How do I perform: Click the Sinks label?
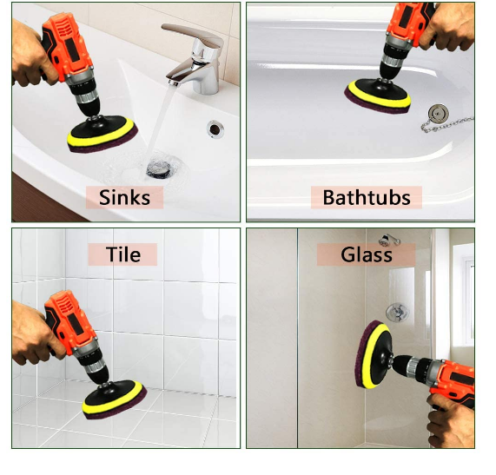point(124,197)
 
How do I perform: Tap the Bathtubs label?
point(366,197)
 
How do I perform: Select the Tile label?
point(122,254)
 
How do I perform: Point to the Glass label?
point(366,254)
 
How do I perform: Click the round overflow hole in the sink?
point(214,129)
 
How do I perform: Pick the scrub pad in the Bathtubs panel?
point(378,95)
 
